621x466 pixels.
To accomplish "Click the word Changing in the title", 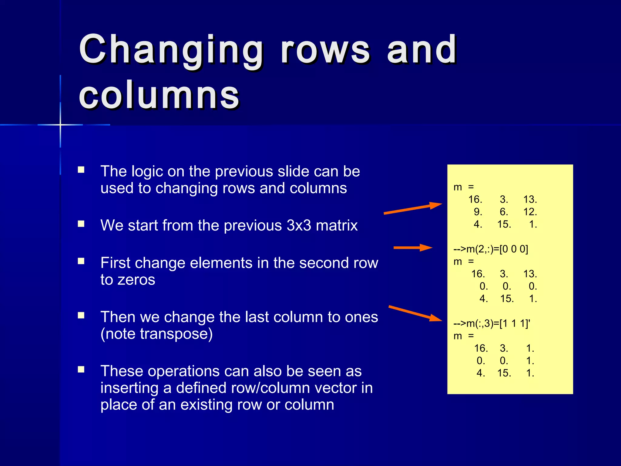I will click(x=171, y=50).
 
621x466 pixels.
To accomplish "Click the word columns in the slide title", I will click(x=159, y=96).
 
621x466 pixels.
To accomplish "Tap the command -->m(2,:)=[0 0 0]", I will click(x=491, y=249).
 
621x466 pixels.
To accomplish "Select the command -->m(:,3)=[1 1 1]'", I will click(x=492, y=323).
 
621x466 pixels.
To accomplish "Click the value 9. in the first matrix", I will click(x=478, y=212).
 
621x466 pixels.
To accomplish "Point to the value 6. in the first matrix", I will click(x=504, y=212).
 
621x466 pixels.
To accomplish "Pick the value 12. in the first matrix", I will click(x=530, y=212).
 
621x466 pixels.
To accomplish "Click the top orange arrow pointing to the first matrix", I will click(x=412, y=209).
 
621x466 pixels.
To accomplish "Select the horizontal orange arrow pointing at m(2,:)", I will click(x=412, y=248).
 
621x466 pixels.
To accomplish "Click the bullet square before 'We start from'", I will click(x=81, y=224).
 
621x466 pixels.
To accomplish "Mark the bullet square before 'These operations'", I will click(x=81, y=370).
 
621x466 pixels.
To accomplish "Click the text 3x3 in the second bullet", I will click(x=299, y=225).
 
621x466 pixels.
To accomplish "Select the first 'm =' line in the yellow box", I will click(x=463, y=187).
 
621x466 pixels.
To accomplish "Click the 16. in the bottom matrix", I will click(x=481, y=348).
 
